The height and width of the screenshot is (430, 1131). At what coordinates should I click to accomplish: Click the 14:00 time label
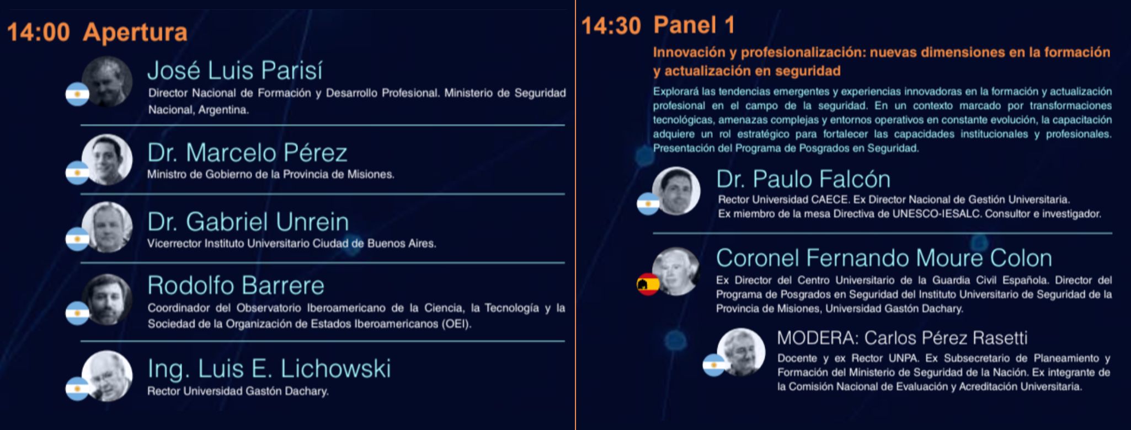[x=38, y=32]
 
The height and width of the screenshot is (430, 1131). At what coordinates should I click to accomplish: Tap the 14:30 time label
[x=611, y=26]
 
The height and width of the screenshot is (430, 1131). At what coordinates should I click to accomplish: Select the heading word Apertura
[x=135, y=33]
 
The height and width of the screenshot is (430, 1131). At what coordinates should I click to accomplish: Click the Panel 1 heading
[x=694, y=25]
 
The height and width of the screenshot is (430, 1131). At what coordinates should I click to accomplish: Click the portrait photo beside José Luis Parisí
[x=107, y=82]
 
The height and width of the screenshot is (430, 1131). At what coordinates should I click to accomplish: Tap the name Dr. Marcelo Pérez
[x=247, y=153]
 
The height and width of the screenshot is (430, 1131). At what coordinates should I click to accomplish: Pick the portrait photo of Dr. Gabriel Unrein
[x=107, y=227]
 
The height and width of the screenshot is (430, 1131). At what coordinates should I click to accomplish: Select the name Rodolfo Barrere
[x=236, y=286]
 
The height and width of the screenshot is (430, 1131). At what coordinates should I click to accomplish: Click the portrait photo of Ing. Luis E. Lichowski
[x=107, y=376]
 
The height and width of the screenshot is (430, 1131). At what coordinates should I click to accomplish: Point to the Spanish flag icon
[x=648, y=284]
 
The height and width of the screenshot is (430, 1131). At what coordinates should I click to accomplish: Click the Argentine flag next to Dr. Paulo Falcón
[x=648, y=203]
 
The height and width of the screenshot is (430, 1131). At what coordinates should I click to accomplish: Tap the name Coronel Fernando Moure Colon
[x=884, y=258]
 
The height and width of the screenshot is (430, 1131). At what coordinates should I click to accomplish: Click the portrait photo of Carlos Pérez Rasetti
[x=741, y=352]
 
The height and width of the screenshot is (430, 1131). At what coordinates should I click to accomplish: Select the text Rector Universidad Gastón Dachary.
[x=238, y=391]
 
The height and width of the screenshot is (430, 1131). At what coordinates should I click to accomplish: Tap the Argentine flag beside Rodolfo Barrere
[x=77, y=313]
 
